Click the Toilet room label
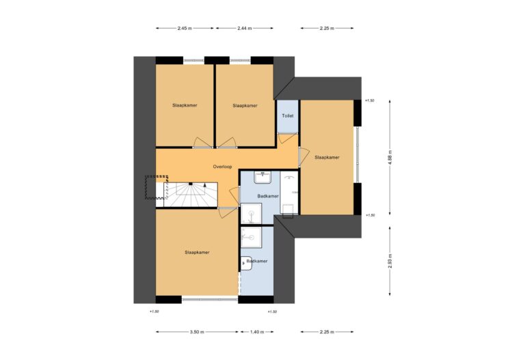(x=288, y=115)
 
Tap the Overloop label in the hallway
(x=222, y=167)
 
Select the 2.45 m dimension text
(x=185, y=29)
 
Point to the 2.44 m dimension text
(x=245, y=29)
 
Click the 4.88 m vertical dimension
(x=390, y=157)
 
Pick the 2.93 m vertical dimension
(x=390, y=261)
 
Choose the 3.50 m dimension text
(x=197, y=332)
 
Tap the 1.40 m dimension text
(x=257, y=332)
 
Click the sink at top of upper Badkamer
(x=262, y=177)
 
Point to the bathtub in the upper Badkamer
(x=289, y=193)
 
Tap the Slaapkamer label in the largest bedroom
(x=197, y=253)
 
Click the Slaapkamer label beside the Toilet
(x=327, y=157)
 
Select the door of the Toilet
(x=287, y=138)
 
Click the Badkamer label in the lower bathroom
(x=257, y=261)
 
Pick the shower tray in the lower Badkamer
(x=251, y=238)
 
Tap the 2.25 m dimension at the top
(x=327, y=29)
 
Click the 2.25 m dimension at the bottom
(x=327, y=332)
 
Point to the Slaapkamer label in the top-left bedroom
(x=185, y=105)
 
